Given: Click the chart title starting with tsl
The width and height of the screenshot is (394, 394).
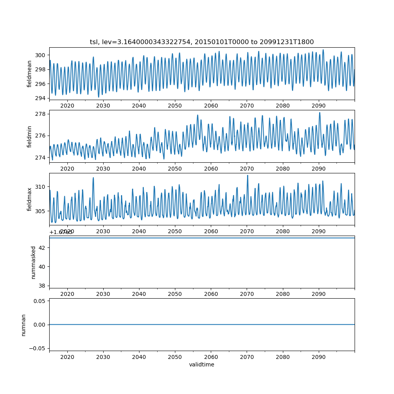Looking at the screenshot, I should pos(202,42).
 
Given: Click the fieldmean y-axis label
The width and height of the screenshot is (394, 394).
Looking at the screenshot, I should pos(30,74).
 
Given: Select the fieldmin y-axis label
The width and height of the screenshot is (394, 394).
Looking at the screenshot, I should pos(30,136).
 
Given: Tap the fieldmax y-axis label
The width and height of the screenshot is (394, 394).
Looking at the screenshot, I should pos(30,199).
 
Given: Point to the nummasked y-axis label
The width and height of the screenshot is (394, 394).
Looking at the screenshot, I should pos(33,262).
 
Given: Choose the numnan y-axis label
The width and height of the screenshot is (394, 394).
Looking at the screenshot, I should pos(24,325).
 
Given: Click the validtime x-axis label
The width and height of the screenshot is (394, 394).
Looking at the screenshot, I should pos(202,365).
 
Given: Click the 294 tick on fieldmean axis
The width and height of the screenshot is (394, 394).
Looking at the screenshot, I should pos(41,98).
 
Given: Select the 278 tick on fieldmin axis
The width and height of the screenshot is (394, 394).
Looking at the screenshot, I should pos(41,114).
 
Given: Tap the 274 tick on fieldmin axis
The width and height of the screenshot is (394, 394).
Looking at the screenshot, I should pos(41,158).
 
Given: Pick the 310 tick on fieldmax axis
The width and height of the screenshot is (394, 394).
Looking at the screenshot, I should pos(41,186).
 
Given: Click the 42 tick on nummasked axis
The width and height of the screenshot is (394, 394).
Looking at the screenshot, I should pos(43,248).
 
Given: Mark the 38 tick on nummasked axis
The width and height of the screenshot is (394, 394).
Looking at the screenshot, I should pos(43,286).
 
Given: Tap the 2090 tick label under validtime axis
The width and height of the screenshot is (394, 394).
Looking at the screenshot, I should pos(319,357).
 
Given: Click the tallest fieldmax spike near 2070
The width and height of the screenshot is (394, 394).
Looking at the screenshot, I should pos(247,175).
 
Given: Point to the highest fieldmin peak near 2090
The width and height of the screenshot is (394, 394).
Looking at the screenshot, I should pos(320,113).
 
